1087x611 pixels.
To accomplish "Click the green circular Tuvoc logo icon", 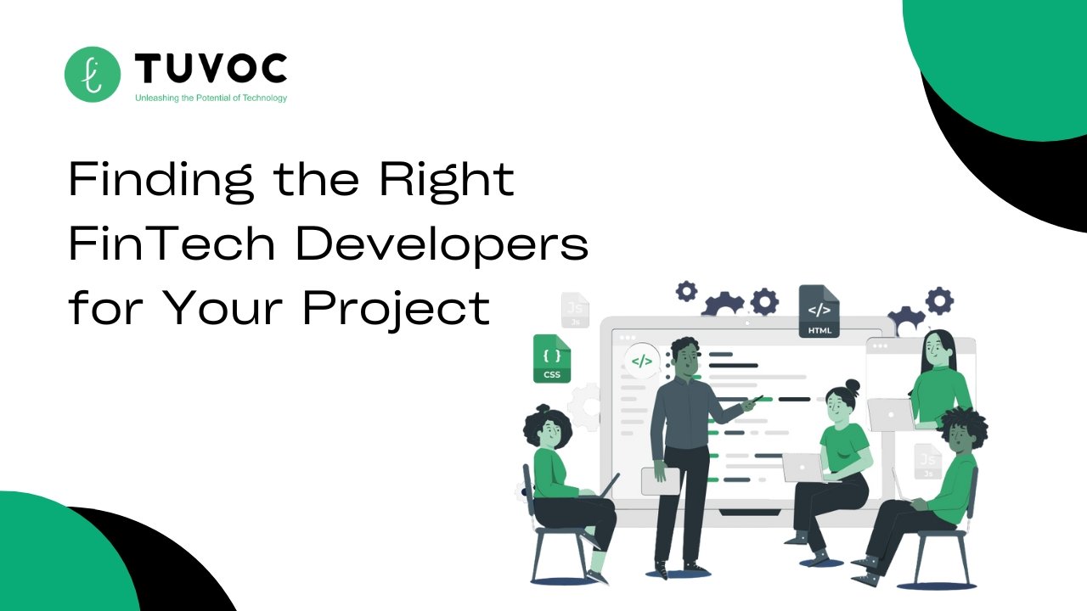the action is pyautogui.click(x=93, y=74).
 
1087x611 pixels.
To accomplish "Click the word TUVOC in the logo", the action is pyautogui.click(x=210, y=68).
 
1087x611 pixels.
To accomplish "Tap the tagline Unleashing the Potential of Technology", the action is pyautogui.click(x=211, y=98).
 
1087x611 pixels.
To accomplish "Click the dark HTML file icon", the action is pyautogui.click(x=819, y=311).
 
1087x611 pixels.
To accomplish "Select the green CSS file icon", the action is pyautogui.click(x=552, y=359).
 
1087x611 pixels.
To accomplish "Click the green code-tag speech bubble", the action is pyautogui.click(x=642, y=361).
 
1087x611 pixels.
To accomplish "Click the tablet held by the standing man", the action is pyautogui.click(x=661, y=481).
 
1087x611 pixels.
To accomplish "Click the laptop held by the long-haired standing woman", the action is pyautogui.click(x=892, y=415).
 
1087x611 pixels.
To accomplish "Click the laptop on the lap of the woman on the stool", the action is pyautogui.click(x=804, y=468).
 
